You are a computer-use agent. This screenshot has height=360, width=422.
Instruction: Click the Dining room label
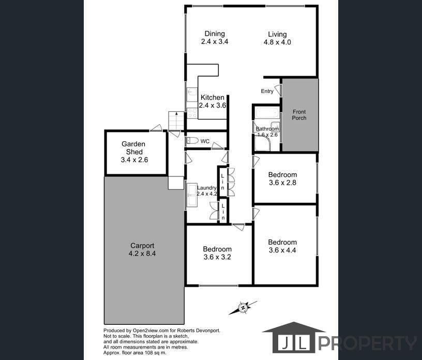click(x=215, y=34)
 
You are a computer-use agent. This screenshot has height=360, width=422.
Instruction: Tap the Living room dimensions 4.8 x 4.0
click(x=277, y=42)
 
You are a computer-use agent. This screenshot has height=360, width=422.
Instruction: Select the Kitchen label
click(x=213, y=97)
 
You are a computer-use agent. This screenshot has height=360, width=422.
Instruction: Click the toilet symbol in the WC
click(x=192, y=141)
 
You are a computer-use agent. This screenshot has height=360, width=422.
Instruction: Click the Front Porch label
click(x=299, y=115)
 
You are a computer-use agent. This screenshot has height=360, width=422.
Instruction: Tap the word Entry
click(x=267, y=91)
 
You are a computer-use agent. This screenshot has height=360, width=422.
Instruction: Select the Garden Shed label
click(x=133, y=148)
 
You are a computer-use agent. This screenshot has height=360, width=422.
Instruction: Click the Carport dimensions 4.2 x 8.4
click(x=142, y=253)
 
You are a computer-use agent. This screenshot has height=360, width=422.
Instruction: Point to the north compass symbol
click(x=243, y=308)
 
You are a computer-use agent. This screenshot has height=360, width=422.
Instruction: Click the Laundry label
click(x=207, y=188)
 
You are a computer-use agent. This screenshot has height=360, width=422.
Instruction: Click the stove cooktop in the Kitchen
click(x=192, y=113)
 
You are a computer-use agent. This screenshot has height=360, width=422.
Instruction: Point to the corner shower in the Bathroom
click(x=262, y=143)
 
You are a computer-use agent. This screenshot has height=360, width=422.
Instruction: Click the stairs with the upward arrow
click(x=176, y=121)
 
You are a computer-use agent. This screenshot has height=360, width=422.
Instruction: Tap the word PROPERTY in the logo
click(x=368, y=343)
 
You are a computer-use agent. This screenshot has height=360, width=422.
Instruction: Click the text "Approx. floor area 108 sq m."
click(x=135, y=352)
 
